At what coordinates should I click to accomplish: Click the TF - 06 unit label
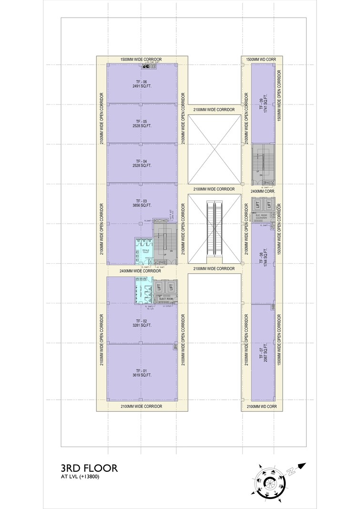coord(141,82)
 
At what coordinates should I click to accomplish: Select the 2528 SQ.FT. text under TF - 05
coord(141,126)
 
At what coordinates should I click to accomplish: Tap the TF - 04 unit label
coord(141,161)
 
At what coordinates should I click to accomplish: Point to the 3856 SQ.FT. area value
coord(141,206)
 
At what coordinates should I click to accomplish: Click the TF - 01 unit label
coord(141,370)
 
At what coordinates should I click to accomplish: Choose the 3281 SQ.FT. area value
coord(141,325)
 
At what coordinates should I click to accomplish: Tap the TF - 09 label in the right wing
coord(260,104)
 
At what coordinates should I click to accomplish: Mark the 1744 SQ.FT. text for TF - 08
coord(266,261)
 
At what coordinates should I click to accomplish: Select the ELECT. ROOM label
coord(165,299)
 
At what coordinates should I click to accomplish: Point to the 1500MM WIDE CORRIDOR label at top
coord(141,59)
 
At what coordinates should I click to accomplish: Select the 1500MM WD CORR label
coord(261,59)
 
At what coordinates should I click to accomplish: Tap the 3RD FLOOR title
coord(89,468)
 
